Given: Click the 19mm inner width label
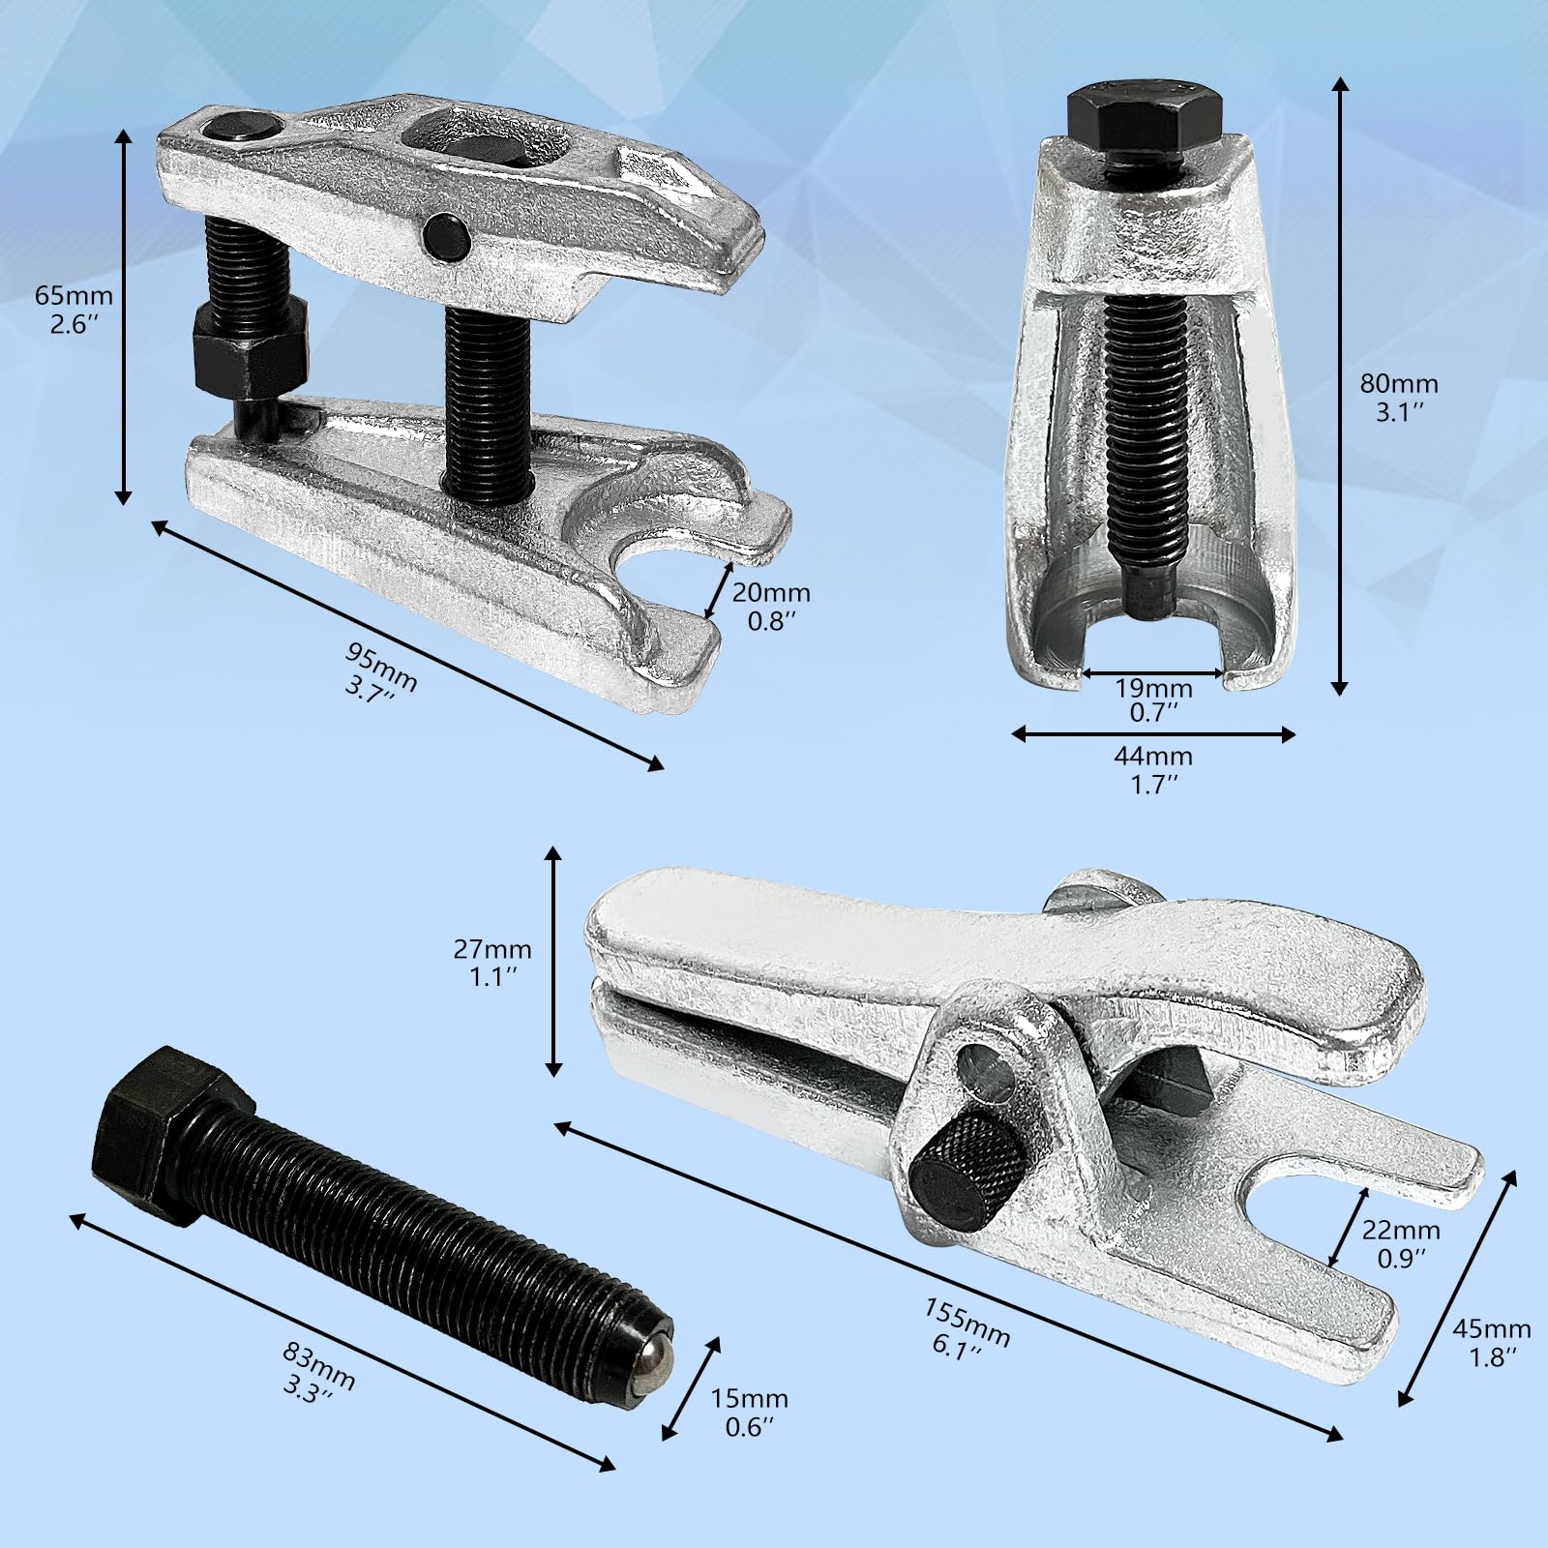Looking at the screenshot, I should pos(1154,700).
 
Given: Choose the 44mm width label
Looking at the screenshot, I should pos(1154,768).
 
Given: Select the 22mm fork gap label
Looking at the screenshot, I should pos(1400,1243).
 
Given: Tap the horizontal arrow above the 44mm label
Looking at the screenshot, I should pos(1153,734).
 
